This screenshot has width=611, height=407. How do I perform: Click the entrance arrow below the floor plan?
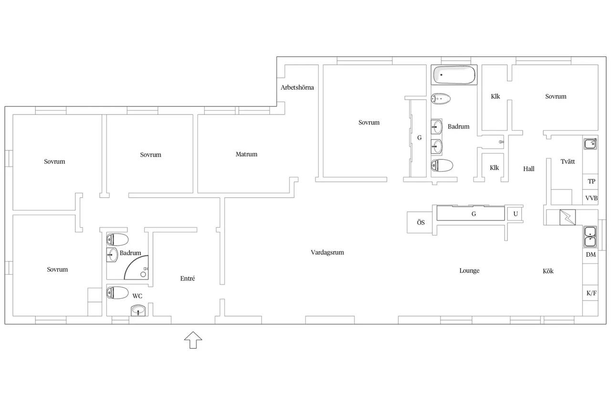pos(193,340)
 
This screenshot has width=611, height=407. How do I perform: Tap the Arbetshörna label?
pos(297,87)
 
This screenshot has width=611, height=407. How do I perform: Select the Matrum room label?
pos(246,154)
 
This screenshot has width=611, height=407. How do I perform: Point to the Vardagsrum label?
pos(327,253)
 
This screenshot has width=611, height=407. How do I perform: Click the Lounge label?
pos(469,271)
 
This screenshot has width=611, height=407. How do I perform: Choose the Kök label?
pos(548,271)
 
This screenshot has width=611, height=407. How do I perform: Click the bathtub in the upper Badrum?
pos(454,75)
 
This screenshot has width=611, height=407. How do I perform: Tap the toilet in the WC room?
pos(117,293)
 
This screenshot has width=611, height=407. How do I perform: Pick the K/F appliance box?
pos(590,293)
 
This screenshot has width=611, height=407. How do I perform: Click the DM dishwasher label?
pos(591,255)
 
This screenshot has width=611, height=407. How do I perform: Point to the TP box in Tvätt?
pos(590,182)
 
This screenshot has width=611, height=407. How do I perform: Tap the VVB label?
pos(591,198)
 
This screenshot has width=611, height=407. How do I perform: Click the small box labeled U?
pos(515,214)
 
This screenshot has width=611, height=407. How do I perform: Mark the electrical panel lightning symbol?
pos(568,217)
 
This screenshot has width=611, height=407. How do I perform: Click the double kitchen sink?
pos(590,237)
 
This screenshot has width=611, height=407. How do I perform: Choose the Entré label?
pos(188,279)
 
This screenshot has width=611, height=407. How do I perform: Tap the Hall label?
pos(528,169)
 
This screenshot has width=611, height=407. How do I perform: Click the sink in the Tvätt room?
pos(590,144)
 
